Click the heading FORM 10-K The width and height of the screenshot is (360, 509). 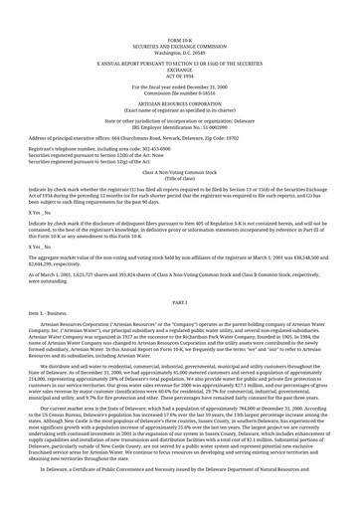click(x=179, y=12)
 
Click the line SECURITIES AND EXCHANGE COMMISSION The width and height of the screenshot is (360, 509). click(x=179, y=19)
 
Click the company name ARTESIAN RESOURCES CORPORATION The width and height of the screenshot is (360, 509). click(x=179, y=87)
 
